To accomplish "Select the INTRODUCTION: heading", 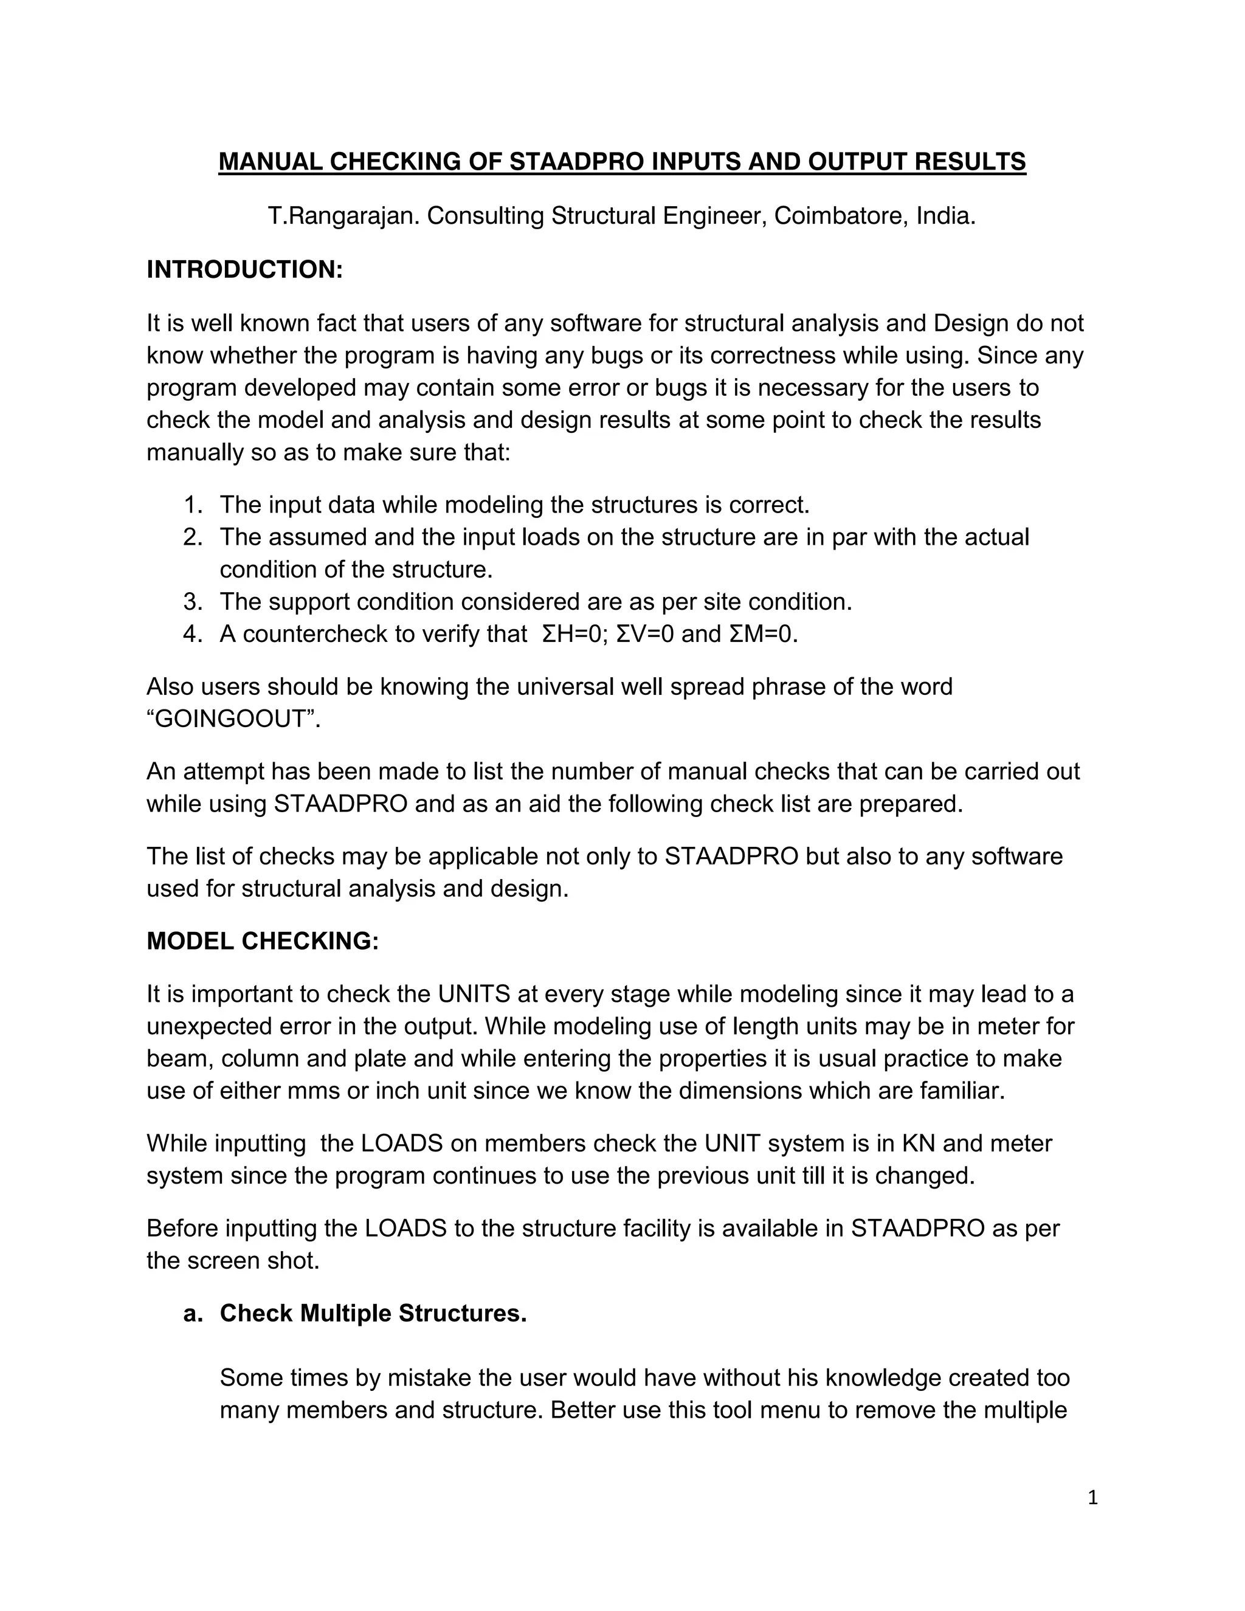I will (245, 270).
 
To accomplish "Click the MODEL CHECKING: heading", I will (263, 942).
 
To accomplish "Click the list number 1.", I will (193, 505).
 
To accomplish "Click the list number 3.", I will (193, 602).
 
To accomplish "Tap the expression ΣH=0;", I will (574, 634).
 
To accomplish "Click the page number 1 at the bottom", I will (1092, 1498).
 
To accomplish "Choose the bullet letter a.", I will (193, 1314).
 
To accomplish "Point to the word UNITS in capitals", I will (474, 995).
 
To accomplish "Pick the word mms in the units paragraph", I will (314, 1091).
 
